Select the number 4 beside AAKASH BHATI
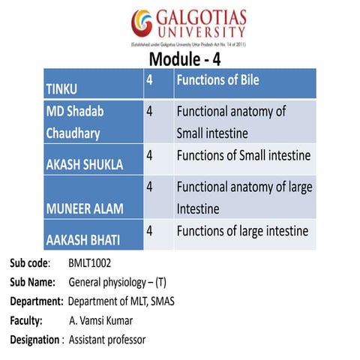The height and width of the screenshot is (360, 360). click(150, 231)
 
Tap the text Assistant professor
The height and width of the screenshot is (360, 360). click(107, 340)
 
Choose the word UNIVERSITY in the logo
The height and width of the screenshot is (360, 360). click(200, 32)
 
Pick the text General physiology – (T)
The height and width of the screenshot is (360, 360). click(123, 283)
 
